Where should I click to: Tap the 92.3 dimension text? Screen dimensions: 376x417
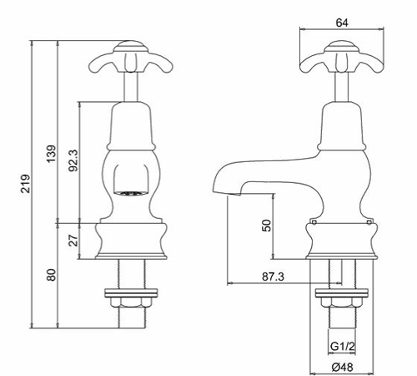[x=74, y=161]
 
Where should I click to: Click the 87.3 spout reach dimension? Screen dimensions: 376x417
[x=269, y=277]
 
